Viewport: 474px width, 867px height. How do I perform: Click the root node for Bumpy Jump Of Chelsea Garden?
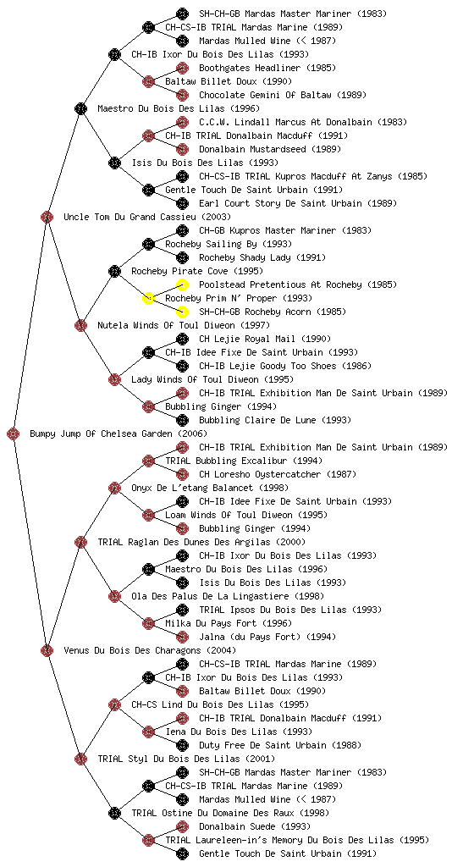[14, 433]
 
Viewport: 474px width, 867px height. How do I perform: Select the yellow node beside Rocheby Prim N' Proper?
[148, 298]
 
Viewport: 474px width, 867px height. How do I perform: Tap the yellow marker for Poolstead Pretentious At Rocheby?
[182, 284]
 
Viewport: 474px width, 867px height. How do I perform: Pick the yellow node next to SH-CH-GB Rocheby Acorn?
[182, 312]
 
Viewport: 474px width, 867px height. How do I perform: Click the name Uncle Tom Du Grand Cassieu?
[130, 217]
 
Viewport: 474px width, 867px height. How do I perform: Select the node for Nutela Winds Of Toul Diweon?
[80, 325]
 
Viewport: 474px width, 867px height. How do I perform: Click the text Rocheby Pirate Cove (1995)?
[197, 271]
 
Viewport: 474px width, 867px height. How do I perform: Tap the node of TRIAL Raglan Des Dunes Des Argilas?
[80, 542]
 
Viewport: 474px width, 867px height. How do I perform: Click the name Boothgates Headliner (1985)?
[267, 68]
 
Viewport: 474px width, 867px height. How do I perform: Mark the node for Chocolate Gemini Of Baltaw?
[182, 95]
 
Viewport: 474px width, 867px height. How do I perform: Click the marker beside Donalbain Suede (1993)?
[182, 826]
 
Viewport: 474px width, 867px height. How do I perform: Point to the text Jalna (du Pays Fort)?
[251, 637]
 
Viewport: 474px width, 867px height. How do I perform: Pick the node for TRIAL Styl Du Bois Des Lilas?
[80, 759]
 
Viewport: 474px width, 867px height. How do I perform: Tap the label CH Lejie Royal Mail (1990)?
[265, 339]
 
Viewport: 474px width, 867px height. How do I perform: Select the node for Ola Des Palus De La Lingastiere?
[114, 596]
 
